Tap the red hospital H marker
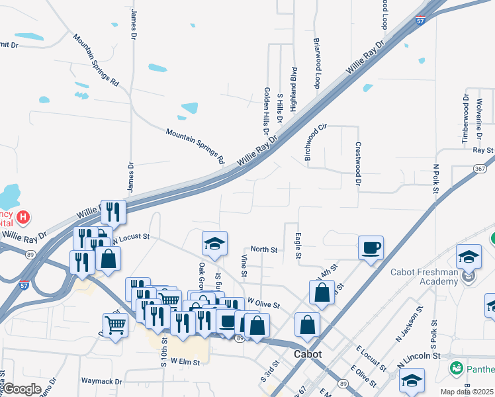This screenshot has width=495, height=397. [23, 216]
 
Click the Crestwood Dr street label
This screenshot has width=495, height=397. [358, 163]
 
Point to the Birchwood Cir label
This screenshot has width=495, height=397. [315, 142]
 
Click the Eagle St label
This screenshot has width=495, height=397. [298, 245]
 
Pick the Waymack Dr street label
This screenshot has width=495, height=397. [102, 381]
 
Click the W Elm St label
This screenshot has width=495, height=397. [185, 361]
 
